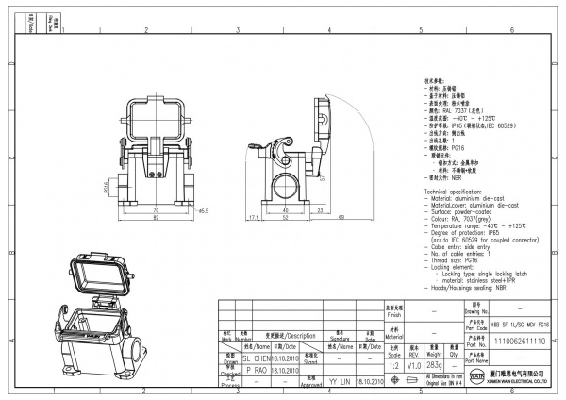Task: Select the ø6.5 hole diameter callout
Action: pos(202,211)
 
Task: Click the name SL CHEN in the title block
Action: pos(257,358)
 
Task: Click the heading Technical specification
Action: pos(458,191)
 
